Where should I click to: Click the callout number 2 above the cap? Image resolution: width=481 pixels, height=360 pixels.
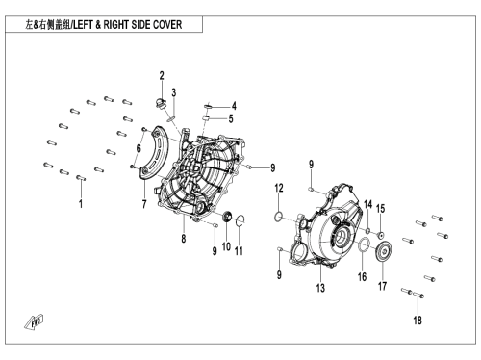[162, 76]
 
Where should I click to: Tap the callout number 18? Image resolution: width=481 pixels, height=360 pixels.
[418, 320]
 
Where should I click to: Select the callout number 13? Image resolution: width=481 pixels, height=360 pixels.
[320, 288]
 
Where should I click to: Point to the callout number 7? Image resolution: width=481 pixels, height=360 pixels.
[144, 204]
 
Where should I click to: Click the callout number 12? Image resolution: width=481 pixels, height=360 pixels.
[279, 188]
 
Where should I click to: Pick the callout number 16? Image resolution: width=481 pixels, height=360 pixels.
[362, 276]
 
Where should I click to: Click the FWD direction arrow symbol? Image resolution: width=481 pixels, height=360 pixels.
[35, 321]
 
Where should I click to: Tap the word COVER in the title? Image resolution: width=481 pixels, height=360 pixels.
[167, 25]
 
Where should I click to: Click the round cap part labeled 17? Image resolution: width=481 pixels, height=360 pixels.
[383, 251]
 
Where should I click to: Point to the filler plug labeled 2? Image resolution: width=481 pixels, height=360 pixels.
[160, 104]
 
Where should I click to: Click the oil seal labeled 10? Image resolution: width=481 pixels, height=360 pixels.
[227, 217]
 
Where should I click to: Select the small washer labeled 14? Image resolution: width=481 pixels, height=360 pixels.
[367, 230]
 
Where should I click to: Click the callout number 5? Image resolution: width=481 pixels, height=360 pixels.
[231, 118]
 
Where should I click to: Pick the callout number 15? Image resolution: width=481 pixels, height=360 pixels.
[380, 209]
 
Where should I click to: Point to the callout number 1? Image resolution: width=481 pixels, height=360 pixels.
[81, 204]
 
